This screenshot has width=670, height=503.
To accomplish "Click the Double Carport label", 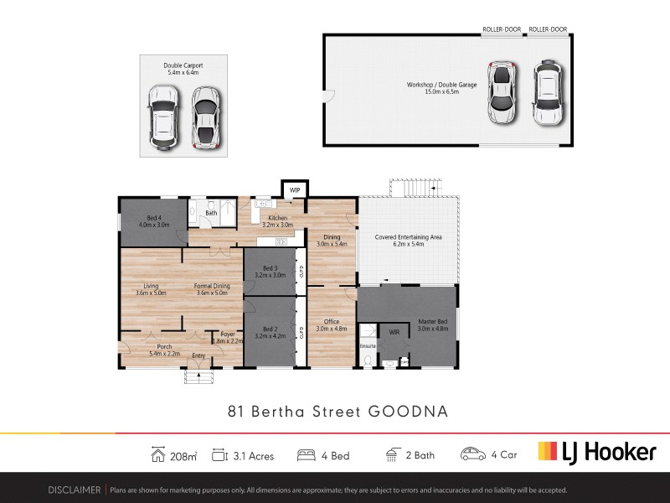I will point(183,65).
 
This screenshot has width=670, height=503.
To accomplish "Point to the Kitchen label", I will point(277,218).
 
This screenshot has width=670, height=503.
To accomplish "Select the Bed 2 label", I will point(269,329).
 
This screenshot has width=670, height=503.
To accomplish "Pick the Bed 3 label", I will point(269,268).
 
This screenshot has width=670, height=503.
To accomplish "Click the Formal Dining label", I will point(212,286).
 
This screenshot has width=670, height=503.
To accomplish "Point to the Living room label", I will point(151,286).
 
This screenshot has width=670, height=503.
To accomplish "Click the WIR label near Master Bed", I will point(394,333).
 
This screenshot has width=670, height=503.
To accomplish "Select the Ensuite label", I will point(367,345).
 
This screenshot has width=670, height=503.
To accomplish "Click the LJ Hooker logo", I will point(596,452).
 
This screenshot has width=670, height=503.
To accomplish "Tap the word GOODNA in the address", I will point(409,412).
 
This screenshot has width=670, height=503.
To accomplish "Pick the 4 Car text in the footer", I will point(505,455).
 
